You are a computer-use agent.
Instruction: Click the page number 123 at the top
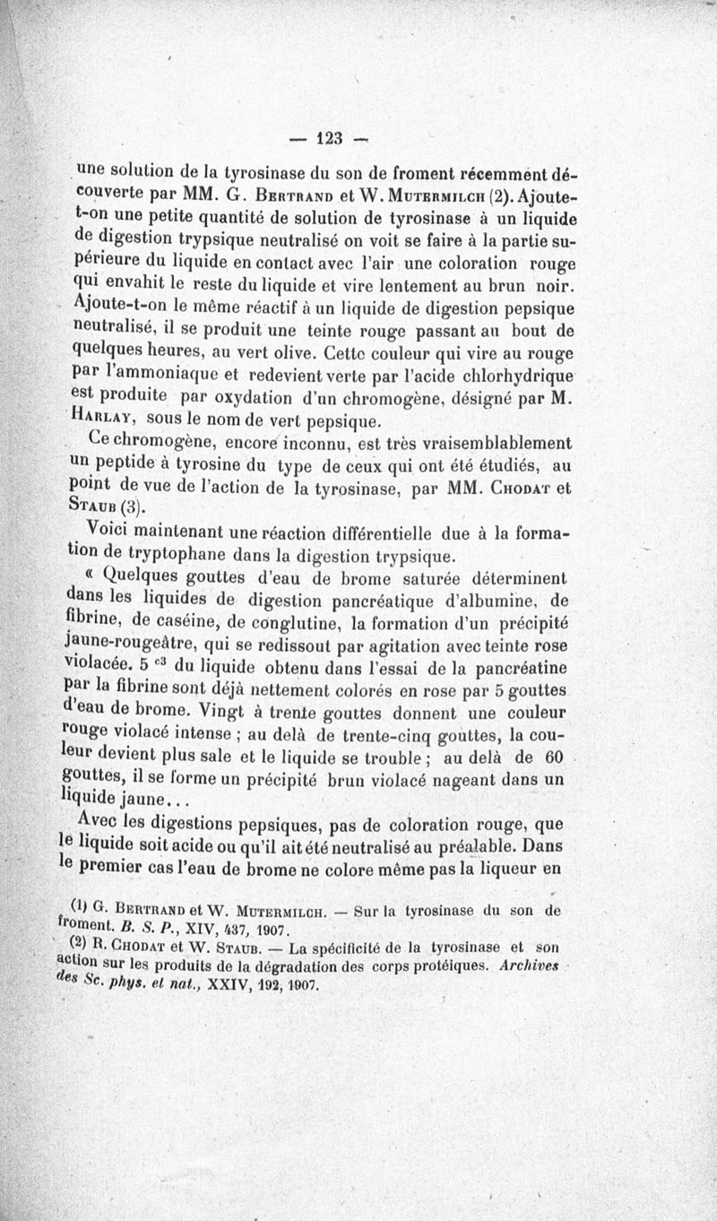[330, 139]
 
